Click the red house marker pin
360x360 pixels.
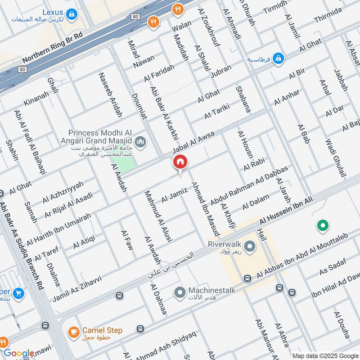coord(180,162)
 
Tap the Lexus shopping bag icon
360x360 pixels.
coord(70,15)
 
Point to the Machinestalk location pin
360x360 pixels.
coord(180,293)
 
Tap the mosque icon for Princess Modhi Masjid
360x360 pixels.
coord(141,143)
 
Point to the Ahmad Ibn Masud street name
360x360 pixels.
coord(205,209)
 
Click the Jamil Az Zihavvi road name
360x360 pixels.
coord(77,288)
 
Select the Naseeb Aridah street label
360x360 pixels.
coord(110,94)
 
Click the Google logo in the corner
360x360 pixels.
coord(18,353)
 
